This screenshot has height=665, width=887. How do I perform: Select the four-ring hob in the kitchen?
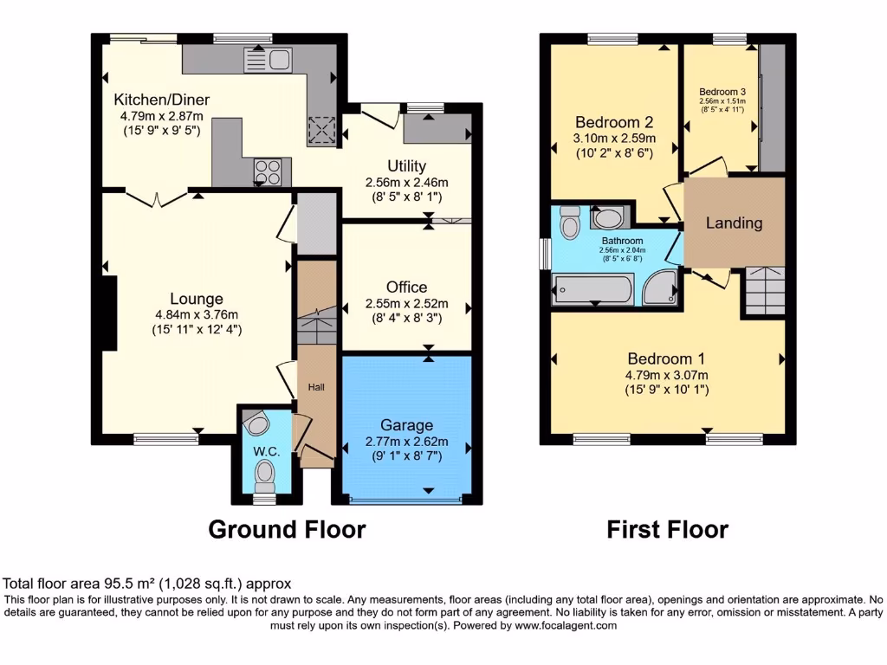pyautogui.click(x=269, y=171)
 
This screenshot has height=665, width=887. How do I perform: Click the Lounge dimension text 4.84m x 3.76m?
pyautogui.click(x=197, y=314)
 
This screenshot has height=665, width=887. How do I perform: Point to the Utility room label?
pyautogui.click(x=406, y=166)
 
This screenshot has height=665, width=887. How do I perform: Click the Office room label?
pyautogui.click(x=406, y=287)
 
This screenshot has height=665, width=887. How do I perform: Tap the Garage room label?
pyautogui.click(x=406, y=425)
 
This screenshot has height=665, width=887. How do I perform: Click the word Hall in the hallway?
pyautogui.click(x=316, y=387)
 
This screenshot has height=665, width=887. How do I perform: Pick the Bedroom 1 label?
pyautogui.click(x=660, y=358)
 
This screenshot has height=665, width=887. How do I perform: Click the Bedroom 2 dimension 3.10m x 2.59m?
pyautogui.click(x=614, y=138)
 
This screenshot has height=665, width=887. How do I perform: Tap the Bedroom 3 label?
pyautogui.click(x=722, y=92)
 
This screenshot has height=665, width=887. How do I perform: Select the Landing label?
pyautogui.click(x=734, y=223)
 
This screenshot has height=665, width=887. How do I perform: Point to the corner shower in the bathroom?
pyautogui.click(x=663, y=287)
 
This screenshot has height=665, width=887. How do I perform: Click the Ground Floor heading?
pyautogui.click(x=287, y=529)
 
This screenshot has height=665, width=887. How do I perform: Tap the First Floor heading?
pyautogui.click(x=667, y=529)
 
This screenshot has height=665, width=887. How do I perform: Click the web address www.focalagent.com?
pyautogui.click(x=565, y=625)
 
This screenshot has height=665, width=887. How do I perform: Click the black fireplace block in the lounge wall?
pyautogui.click(x=109, y=313)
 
